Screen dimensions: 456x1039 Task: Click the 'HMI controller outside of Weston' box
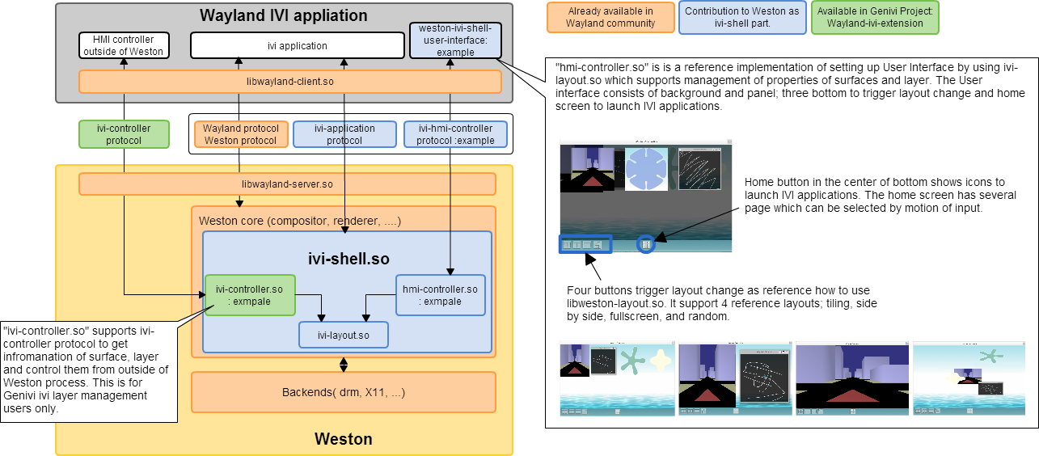(124, 45)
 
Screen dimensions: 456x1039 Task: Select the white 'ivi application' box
(297, 45)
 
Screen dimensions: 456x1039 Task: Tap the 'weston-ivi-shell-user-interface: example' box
(455, 40)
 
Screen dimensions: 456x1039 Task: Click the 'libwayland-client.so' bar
(290, 82)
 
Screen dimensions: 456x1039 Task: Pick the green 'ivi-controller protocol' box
(125, 134)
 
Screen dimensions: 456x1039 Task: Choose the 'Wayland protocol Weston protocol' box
(240, 134)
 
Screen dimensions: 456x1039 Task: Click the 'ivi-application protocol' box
(344, 134)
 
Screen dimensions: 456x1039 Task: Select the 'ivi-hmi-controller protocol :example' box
(455, 134)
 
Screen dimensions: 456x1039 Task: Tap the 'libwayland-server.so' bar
(287, 184)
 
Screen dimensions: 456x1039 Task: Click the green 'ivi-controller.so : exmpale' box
(250, 295)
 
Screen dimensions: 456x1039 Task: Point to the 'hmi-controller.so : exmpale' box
(440, 295)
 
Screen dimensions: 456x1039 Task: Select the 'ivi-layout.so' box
(344, 335)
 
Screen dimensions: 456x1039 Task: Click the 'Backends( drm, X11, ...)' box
(343, 393)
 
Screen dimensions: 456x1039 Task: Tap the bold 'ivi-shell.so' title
(348, 260)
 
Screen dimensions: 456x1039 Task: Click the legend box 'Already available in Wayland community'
(610, 18)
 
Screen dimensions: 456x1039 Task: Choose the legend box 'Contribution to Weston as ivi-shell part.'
(742, 18)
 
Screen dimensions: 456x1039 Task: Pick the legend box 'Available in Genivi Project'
(875, 18)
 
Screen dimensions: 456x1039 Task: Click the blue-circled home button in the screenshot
(645, 243)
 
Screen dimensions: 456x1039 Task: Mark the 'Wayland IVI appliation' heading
(283, 15)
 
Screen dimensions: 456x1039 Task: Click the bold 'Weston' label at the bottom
(343, 440)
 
